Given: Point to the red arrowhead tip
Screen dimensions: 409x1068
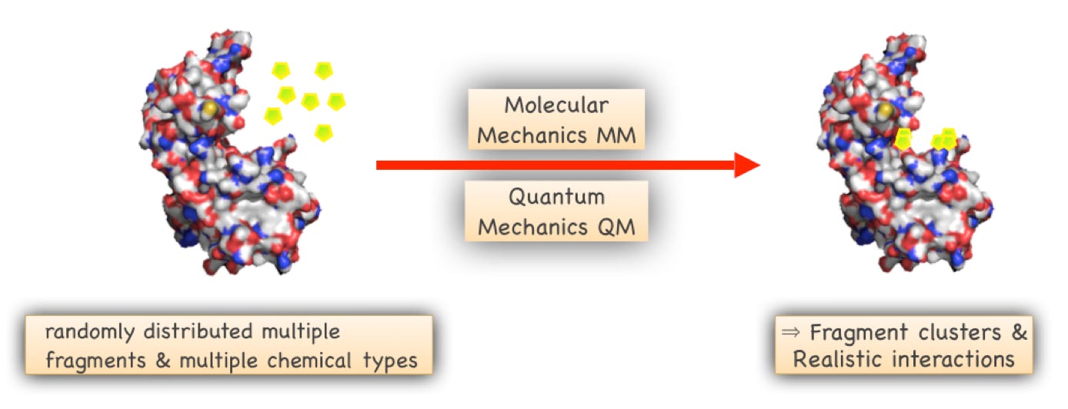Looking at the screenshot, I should pyautogui.click(x=757, y=165).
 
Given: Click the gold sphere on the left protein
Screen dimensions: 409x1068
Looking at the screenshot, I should pyautogui.click(x=208, y=109).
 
